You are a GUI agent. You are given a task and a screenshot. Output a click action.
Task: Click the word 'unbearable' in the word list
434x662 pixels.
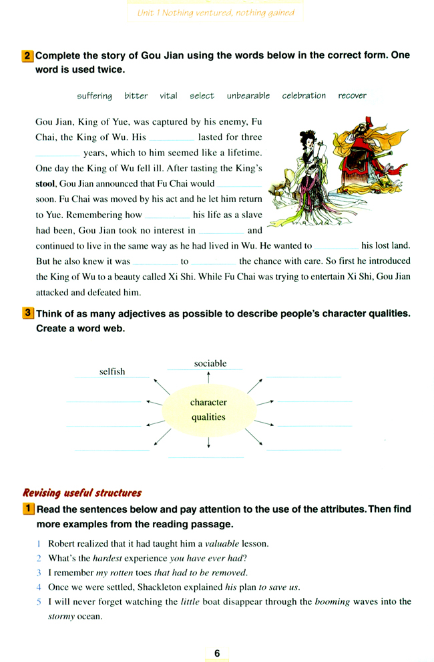point(248,96)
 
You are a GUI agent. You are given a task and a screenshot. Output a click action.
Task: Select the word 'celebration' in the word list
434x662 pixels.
point(304,96)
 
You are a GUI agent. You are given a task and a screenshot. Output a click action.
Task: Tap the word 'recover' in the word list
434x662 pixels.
point(352,96)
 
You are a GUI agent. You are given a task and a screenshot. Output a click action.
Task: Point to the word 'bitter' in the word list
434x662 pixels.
point(136,96)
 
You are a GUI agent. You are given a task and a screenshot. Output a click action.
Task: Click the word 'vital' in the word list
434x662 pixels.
point(169,96)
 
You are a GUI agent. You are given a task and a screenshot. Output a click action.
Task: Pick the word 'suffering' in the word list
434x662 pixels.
point(95,96)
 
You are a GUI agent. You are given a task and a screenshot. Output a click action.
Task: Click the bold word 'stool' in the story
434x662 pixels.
point(45,183)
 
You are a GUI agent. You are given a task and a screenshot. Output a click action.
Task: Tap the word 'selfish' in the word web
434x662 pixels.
point(112,371)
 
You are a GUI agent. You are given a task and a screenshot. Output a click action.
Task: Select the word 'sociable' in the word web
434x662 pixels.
point(210,363)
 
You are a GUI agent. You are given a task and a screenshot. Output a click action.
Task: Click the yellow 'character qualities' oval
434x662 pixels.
point(208,410)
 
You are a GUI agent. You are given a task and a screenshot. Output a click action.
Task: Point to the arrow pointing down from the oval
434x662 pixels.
point(209,442)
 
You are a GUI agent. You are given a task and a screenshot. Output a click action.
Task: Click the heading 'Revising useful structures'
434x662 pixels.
point(82,493)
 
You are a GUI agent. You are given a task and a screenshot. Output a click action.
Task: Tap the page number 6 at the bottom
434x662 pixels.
point(217,653)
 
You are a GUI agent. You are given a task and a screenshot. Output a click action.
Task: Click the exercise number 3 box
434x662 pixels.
point(28,313)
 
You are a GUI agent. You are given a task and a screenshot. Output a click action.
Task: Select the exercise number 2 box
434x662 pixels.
point(28,56)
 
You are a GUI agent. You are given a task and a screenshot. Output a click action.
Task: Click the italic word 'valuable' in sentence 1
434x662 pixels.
point(222,543)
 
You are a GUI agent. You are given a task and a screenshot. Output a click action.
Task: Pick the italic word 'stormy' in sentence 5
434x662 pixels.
point(62,617)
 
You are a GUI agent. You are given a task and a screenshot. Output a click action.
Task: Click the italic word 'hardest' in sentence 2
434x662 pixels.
point(108,558)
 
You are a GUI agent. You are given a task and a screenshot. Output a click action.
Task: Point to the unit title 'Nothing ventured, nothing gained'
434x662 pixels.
point(215,13)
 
